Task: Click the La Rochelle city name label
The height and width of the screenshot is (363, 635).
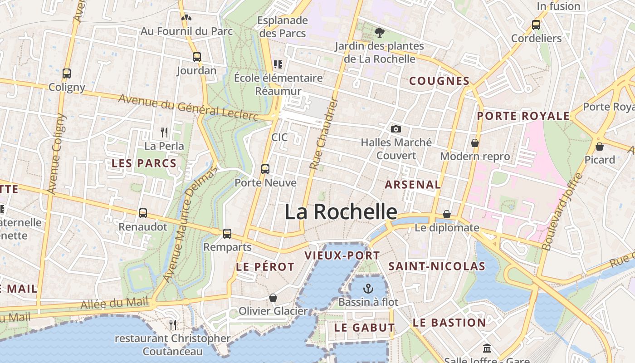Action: click(341, 212)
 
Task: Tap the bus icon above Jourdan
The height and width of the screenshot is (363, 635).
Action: click(196, 57)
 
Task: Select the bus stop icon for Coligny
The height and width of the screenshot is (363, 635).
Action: click(67, 74)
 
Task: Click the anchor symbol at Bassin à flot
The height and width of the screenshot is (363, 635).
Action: click(368, 289)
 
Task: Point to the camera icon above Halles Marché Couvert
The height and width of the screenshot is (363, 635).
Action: click(396, 129)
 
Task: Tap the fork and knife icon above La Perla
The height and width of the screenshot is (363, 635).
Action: click(164, 132)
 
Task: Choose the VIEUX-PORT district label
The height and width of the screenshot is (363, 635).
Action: click(342, 255)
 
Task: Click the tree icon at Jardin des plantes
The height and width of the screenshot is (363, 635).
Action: click(379, 33)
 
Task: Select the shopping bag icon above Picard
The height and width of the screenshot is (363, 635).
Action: click(600, 147)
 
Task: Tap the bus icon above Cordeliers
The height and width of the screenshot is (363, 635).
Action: click(536, 25)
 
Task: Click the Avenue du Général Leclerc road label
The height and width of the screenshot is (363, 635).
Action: click(188, 108)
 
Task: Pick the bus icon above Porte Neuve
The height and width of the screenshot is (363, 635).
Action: click(265, 169)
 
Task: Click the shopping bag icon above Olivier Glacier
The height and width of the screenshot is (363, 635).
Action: click(273, 298)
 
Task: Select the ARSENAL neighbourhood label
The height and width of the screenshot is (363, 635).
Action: click(412, 185)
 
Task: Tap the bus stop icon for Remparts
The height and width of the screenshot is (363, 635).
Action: click(227, 234)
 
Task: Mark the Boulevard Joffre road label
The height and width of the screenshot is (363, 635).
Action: click(562, 212)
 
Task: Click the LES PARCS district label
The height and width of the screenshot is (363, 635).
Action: click(144, 163)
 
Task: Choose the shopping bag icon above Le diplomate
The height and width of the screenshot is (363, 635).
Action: click(447, 214)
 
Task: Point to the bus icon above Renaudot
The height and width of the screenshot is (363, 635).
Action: click(143, 213)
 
